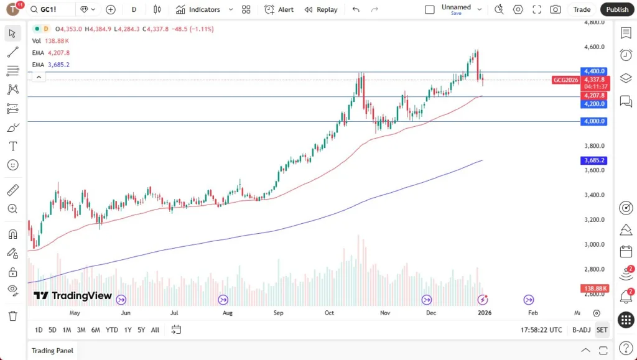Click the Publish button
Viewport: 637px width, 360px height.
coord(617,9)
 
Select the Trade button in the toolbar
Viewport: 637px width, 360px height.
coord(582,9)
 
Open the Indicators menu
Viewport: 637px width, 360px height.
coord(198,9)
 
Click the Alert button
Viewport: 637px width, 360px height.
coord(279,9)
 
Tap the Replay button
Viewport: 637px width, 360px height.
coord(321,9)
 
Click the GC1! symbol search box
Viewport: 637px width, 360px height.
coord(52,9)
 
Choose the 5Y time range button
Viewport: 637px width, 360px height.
coord(141,330)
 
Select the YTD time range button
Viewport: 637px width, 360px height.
coord(112,330)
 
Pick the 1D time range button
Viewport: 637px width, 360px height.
coord(39,330)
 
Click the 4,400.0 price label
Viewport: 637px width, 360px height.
coord(593,72)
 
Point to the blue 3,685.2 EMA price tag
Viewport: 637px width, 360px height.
coord(593,160)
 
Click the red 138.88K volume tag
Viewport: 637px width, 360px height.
coord(593,288)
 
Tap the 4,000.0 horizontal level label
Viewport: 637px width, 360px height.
coord(593,121)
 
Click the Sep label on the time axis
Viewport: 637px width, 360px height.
coord(278,313)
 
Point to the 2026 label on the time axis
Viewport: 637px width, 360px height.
coord(484,313)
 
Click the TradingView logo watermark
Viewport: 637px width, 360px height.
coord(73,296)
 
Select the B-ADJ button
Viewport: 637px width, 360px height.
coord(581,330)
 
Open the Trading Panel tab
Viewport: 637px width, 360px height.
coord(52,351)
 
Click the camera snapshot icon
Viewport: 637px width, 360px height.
coord(555,9)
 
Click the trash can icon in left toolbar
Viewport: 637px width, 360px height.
coord(12,315)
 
